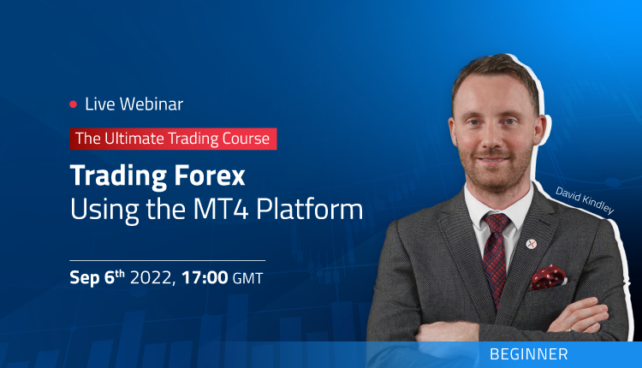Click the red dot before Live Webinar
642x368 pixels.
[x=73, y=104]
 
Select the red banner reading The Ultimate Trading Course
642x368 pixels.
[x=173, y=137]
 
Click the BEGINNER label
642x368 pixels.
[x=529, y=353]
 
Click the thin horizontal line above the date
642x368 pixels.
[x=168, y=259]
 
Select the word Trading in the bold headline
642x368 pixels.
[x=119, y=175]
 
